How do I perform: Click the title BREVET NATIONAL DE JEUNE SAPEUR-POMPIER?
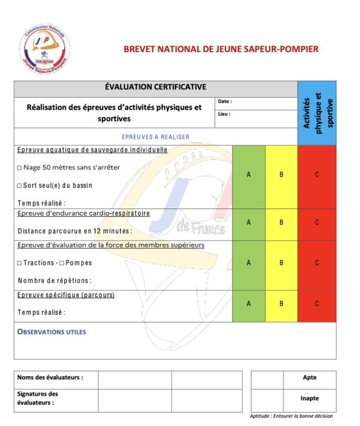(221, 49)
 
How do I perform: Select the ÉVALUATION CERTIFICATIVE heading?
(155, 87)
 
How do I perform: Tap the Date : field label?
(225, 101)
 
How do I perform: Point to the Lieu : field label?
(224, 114)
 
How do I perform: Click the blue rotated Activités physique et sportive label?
(317, 112)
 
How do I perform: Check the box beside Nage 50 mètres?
(19, 167)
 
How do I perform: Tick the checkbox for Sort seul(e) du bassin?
(19, 185)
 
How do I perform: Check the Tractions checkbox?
(19, 262)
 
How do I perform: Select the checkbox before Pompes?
(62, 262)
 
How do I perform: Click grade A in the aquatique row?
(249, 175)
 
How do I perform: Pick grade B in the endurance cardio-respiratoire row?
(282, 223)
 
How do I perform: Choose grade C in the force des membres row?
(317, 262)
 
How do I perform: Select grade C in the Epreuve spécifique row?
(317, 303)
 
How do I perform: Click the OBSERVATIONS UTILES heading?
(52, 332)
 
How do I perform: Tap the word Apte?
(309, 378)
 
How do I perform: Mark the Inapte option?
(309, 398)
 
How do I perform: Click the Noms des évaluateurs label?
(50, 377)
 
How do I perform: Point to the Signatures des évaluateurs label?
(38, 398)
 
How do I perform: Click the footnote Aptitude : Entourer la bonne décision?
(291, 416)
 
